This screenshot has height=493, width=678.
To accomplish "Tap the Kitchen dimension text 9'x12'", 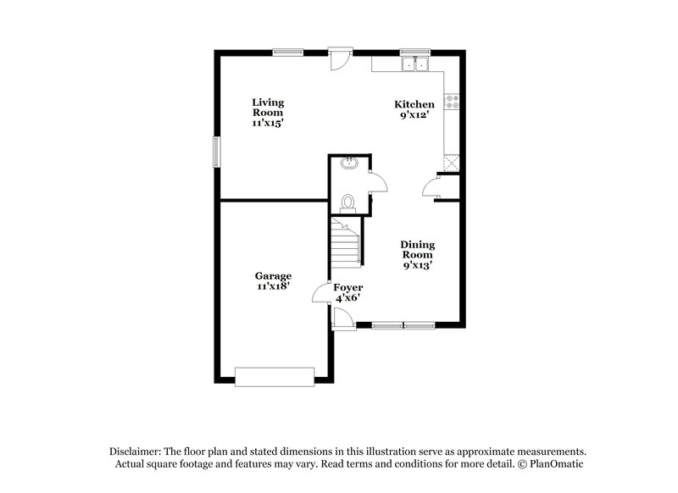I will click(414, 115).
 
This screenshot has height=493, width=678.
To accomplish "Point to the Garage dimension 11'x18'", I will click(274, 286).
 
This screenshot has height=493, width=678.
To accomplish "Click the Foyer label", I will click(347, 288).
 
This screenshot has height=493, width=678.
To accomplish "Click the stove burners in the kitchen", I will click(453, 102).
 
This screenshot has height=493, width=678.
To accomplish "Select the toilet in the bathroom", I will click(347, 202).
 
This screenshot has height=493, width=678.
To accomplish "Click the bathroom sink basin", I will click(348, 163).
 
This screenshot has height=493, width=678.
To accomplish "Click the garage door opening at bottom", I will click(274, 376).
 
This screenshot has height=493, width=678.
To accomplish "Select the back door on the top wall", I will click(337, 59).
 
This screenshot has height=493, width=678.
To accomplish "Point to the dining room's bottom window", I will click(403, 324).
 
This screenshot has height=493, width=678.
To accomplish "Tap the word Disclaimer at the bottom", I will click(136, 452).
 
